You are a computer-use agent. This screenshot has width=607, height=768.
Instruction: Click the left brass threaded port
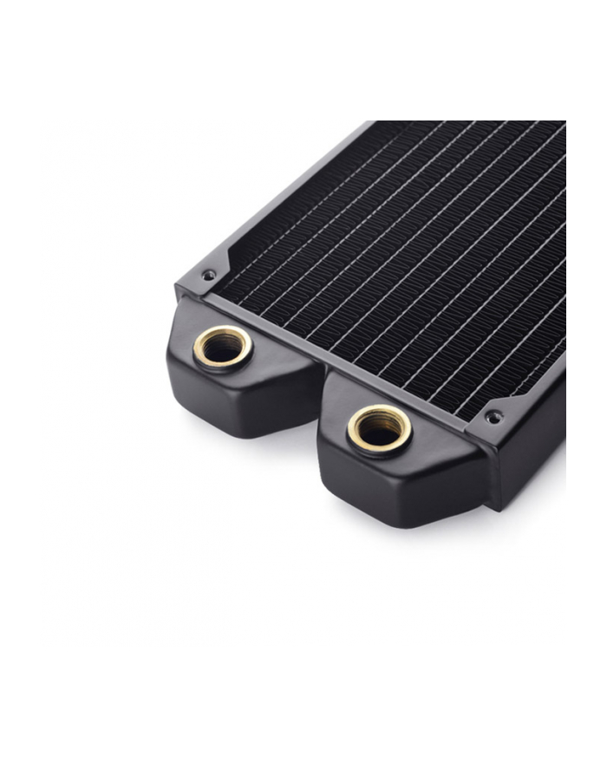click(x=223, y=348)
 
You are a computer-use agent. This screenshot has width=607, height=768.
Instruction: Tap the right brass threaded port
click(x=379, y=428)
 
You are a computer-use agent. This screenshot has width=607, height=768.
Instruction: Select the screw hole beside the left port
click(x=208, y=276)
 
